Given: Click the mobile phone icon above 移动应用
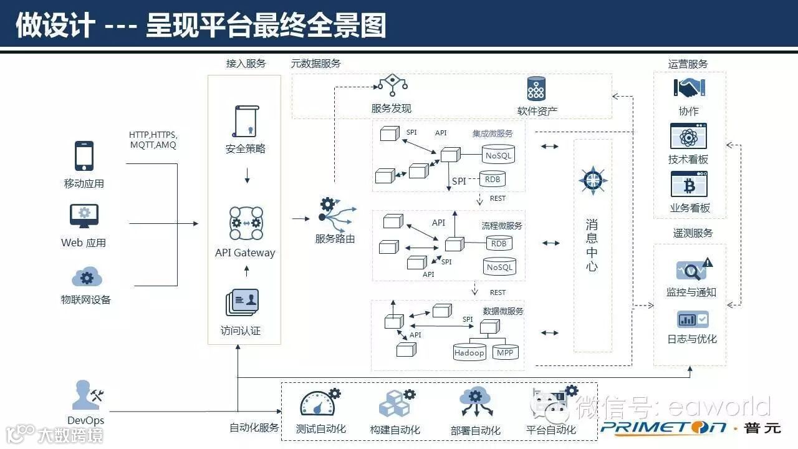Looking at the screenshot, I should [x=84, y=156].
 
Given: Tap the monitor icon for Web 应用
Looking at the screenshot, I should [x=84, y=216].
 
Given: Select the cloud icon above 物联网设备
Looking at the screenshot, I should [x=87, y=276].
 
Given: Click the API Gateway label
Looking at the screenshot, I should [x=245, y=253].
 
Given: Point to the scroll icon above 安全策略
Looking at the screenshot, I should [x=245, y=121].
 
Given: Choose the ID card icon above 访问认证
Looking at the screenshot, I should [x=242, y=303].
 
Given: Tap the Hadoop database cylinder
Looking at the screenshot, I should [x=469, y=352].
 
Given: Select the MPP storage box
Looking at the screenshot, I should [x=504, y=352].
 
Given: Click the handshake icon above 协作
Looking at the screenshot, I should [x=689, y=88].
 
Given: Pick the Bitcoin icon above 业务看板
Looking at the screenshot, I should [x=689, y=185].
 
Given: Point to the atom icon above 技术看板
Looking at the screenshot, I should [x=688, y=137].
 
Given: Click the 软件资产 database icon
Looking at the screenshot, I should [x=536, y=89].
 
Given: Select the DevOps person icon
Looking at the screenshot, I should [x=85, y=395].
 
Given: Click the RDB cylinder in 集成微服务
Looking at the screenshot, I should [x=493, y=179].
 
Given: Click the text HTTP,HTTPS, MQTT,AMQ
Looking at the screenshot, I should [x=153, y=140].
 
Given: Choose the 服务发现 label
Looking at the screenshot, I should [x=391, y=108].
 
